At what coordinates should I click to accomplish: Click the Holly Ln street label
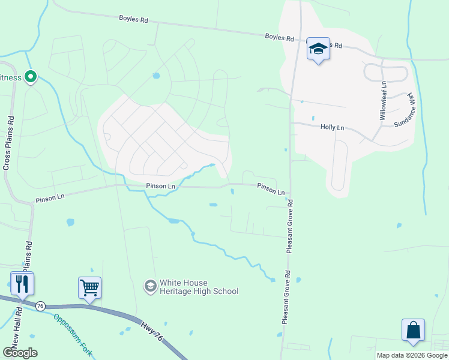332,127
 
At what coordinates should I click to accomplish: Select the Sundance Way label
405,111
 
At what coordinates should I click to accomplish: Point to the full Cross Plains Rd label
8,143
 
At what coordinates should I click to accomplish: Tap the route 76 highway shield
40,305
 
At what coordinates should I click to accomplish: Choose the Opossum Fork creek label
73,335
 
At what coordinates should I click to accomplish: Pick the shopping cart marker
89,287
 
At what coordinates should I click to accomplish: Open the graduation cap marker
318,49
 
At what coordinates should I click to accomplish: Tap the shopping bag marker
413,330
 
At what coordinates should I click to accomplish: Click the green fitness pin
30,77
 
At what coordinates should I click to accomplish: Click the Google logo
20,353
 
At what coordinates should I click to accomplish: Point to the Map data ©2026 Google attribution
412,355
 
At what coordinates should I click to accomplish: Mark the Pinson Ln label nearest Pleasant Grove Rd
271,189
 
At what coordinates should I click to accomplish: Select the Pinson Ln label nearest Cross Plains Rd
49,198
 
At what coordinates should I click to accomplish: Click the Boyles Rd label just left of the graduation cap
280,38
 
